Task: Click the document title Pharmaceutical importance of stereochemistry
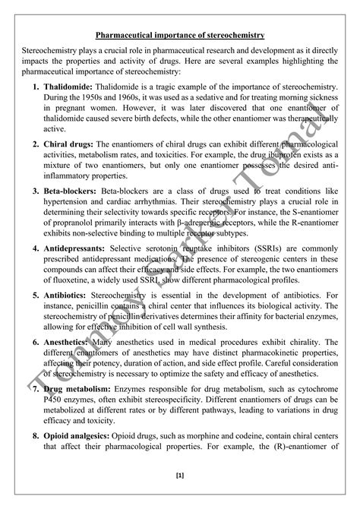[179, 35]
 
